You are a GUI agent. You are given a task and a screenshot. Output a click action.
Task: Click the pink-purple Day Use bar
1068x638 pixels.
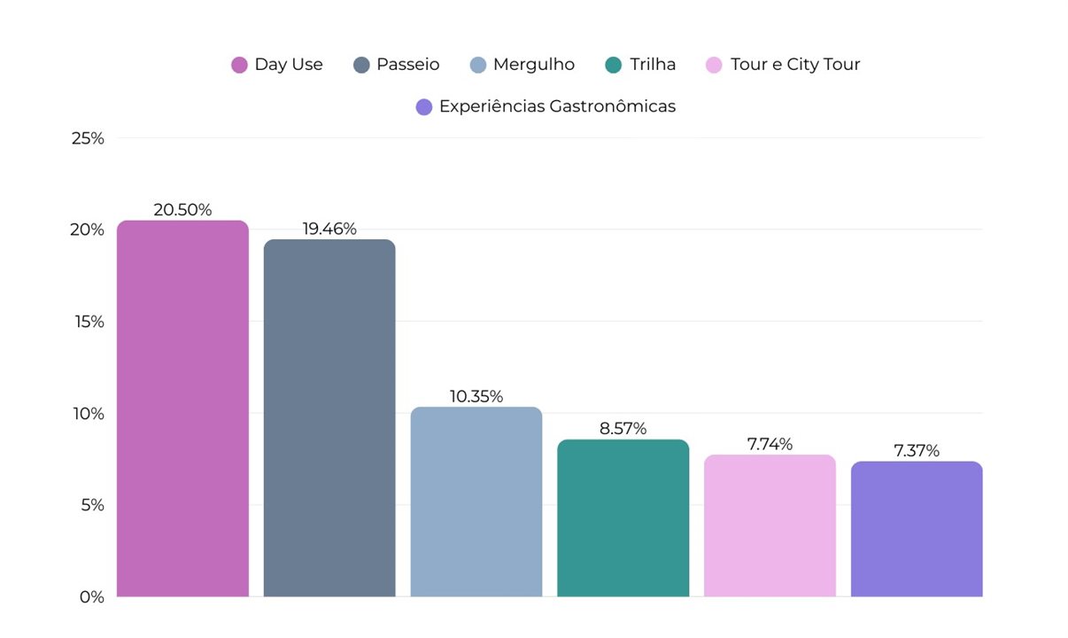pyautogui.click(x=182, y=408)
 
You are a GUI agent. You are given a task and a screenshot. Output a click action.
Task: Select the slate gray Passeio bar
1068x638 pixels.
pyautogui.click(x=329, y=417)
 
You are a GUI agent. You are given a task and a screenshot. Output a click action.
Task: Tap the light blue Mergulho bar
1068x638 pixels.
pyautogui.click(x=476, y=502)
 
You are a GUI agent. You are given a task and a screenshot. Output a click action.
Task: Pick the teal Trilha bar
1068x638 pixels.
pyautogui.click(x=623, y=517)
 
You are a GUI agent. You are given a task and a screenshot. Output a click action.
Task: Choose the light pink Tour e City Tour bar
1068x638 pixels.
pyautogui.click(x=770, y=525)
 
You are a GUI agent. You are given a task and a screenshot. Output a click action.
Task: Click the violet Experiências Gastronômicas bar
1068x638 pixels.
pyautogui.click(x=917, y=529)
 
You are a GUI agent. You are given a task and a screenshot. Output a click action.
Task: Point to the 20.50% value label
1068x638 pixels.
pyautogui.click(x=182, y=210)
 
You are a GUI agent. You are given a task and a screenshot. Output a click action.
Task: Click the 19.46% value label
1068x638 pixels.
pyautogui.click(x=329, y=229)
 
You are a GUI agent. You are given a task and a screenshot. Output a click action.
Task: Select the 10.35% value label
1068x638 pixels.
pyautogui.click(x=476, y=396)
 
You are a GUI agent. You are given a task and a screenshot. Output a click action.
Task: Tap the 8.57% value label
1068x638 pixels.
pyautogui.click(x=623, y=429)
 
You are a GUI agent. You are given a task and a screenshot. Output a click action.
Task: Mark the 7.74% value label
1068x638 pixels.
pyautogui.click(x=770, y=444)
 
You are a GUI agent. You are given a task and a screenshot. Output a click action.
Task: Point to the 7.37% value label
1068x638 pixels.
pyautogui.click(x=917, y=451)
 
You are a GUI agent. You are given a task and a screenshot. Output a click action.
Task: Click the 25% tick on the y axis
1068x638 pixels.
pyautogui.click(x=89, y=138)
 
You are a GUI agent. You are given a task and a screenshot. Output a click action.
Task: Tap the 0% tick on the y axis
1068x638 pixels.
pyautogui.click(x=92, y=597)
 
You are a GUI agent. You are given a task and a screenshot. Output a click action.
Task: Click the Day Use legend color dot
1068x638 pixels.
pyautogui.click(x=239, y=65)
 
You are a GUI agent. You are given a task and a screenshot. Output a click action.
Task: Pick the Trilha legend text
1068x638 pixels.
pyautogui.click(x=653, y=65)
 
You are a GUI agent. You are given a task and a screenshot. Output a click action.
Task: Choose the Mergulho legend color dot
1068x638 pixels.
pyautogui.click(x=478, y=65)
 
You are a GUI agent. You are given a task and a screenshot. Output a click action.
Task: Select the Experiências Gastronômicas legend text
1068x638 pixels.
pyautogui.click(x=557, y=106)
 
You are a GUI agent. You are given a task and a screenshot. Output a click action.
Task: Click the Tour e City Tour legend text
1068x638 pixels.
pyautogui.click(x=795, y=65)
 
